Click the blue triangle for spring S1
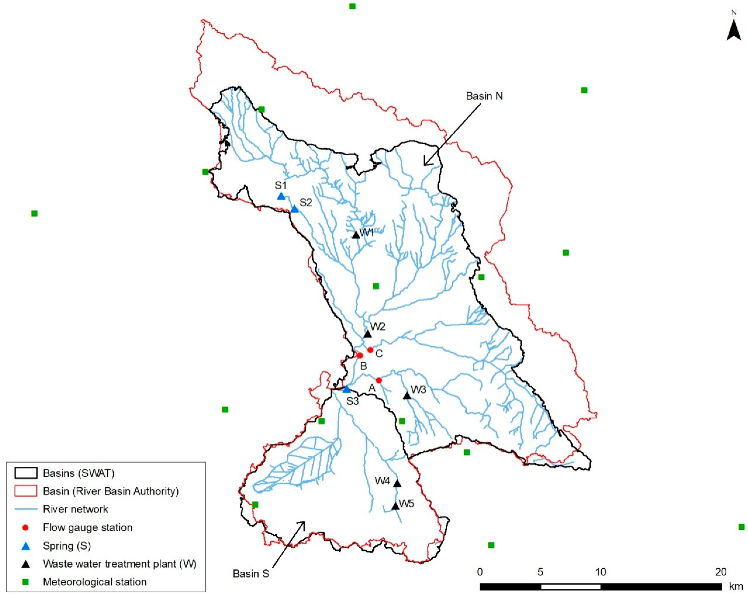click(281, 196)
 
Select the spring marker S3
click(346, 389)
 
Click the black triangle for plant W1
click(356, 235)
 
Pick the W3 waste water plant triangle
click(407, 395)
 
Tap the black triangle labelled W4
click(397, 483)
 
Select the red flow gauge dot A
click(379, 380)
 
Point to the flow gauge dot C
click(370, 350)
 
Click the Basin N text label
click(484, 96)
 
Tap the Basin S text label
click(251, 574)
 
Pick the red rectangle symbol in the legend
click(26, 491)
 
